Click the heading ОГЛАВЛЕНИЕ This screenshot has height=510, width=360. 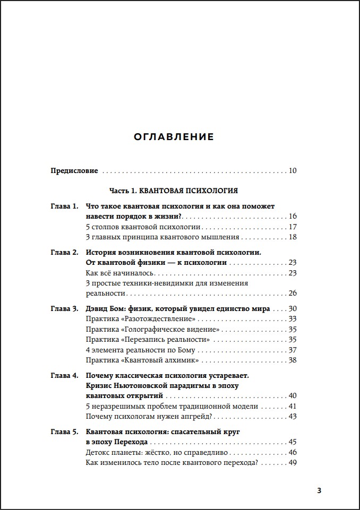[174, 137]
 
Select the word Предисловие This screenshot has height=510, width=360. [74, 171]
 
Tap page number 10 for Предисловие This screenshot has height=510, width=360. [293, 171]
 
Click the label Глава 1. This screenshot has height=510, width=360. [64, 206]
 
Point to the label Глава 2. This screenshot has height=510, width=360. [64, 252]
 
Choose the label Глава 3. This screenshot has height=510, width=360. [64, 308]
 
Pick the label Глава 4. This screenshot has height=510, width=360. [64, 375]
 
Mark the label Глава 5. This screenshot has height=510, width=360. [64, 432]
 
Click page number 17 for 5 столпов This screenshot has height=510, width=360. [293, 227]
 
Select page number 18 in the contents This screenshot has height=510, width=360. [293, 237]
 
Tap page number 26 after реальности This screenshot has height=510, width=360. [293, 293]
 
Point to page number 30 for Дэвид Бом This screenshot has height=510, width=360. [293, 308]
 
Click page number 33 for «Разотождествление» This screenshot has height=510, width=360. [293, 319]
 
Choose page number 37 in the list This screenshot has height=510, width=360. [293, 350]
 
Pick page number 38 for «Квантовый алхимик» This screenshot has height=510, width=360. [293, 360]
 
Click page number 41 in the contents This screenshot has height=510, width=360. [293, 407]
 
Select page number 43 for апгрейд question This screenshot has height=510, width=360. [293, 417]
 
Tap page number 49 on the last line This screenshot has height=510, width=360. [293, 463]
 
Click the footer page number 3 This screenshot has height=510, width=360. [319, 490]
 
